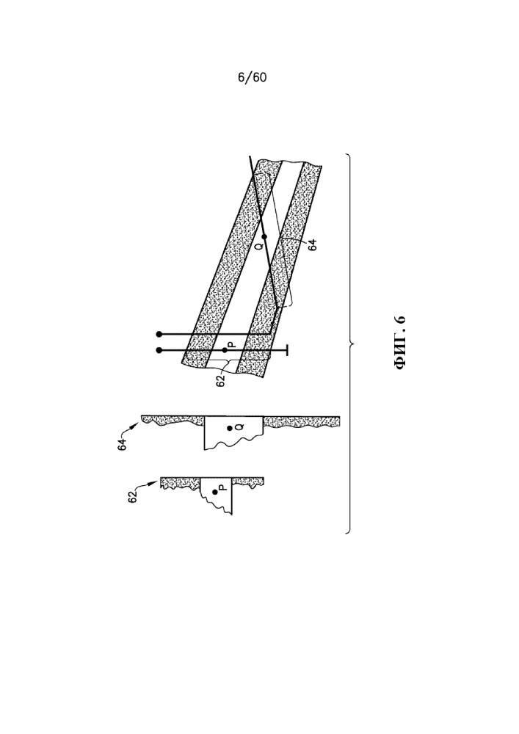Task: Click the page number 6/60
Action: point(253,77)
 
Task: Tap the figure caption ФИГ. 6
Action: point(401,343)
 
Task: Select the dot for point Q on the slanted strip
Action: point(264,236)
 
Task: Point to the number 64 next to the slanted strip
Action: point(313,244)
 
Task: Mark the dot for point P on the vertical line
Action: point(225,350)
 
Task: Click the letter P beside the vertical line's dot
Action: point(233,346)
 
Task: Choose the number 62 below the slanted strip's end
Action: point(221,380)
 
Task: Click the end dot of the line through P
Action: point(159,350)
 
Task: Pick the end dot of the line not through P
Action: point(159,334)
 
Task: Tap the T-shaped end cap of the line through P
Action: point(287,350)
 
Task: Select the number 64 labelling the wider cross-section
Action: point(123,444)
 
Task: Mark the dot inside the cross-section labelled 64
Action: point(230,429)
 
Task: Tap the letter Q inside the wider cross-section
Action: point(238,426)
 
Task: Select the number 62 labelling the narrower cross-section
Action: point(133,497)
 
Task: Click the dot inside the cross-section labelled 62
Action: point(215,492)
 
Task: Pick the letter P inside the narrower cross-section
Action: point(223,487)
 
